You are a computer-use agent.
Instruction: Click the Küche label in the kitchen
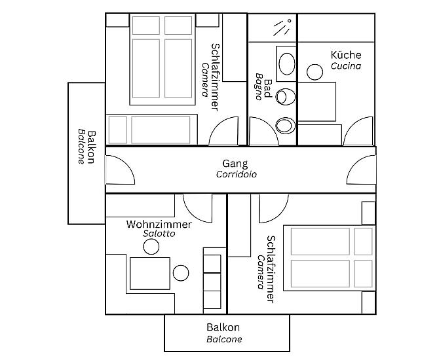pos(346,55)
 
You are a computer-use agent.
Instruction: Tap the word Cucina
pos(346,66)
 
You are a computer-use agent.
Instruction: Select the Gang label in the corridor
pos(235,164)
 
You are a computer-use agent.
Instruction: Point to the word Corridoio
pos(237,174)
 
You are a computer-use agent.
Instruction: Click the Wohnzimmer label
pos(159,224)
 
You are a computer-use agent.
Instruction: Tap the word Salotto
pos(159,234)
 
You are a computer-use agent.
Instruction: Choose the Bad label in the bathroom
pos(268,88)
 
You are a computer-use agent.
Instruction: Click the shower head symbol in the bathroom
pos(282,27)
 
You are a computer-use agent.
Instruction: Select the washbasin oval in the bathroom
pos(287,63)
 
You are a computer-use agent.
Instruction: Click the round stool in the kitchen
pos(315,72)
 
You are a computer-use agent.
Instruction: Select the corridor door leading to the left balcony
pos(126,163)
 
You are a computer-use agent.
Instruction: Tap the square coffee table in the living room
pos(150,274)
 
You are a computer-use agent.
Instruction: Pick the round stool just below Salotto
pos(151,247)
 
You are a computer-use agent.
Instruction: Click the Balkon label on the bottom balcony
pos(223,327)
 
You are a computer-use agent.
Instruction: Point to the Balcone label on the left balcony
pos(81,147)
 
